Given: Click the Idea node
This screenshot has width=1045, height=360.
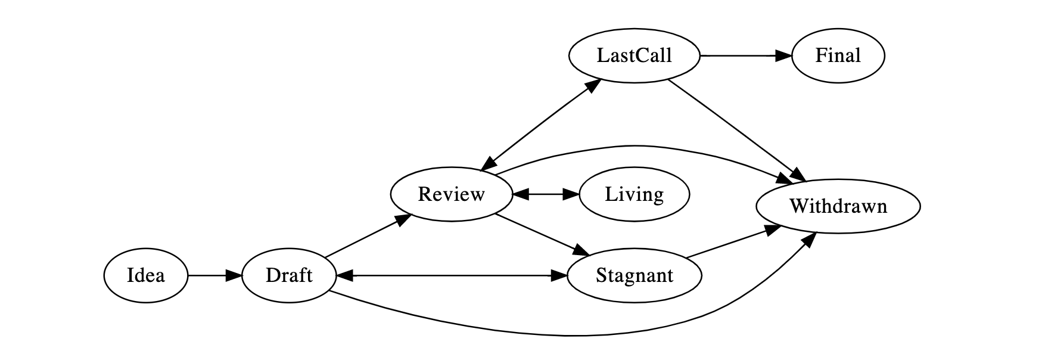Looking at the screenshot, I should coord(145,275).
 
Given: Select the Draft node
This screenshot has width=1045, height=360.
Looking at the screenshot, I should coord(289,275).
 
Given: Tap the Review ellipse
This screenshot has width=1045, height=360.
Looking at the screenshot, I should coord(451,194).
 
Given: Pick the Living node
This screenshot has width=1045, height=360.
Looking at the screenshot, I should coord(634,194).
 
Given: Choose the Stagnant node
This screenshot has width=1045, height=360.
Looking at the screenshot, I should coord(634,275).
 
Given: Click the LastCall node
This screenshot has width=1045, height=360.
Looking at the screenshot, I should coord(634,56).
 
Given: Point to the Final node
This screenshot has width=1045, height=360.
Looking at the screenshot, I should coord(838,56).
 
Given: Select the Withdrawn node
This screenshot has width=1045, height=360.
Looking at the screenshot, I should coord(838,206).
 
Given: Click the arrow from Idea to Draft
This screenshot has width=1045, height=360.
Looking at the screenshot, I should coord(212,275).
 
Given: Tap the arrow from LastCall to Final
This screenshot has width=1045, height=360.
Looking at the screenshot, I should coord(745,56).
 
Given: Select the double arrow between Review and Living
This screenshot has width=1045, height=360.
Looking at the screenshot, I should coord(546,194).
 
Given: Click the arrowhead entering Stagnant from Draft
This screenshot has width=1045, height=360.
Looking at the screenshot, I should coord(559,275).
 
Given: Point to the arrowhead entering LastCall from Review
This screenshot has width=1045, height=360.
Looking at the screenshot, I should coord(593,85).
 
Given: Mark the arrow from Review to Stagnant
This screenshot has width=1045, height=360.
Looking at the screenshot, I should coord(539,234).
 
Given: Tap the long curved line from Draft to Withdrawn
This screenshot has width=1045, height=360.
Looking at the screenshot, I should coord(566,336).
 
